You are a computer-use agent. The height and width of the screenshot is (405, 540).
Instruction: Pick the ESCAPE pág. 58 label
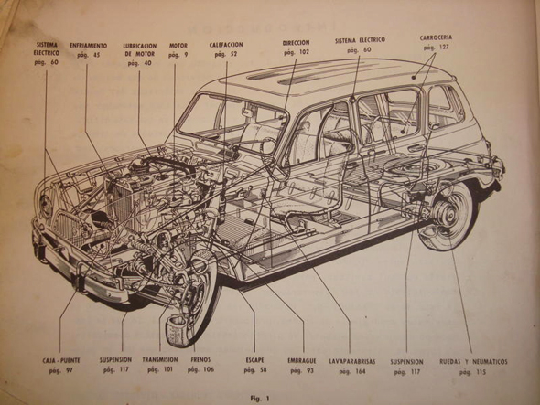(256, 365)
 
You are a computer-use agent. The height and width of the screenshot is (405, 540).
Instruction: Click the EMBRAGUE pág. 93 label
(302, 365)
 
